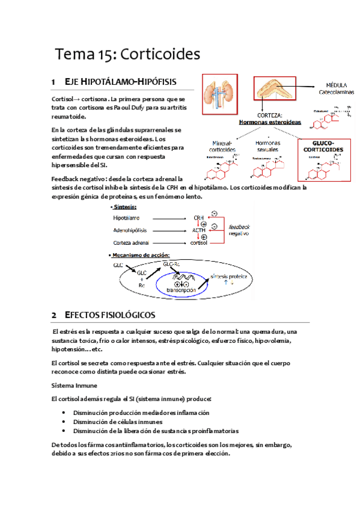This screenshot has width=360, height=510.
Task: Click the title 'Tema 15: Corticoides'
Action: tap(127, 55)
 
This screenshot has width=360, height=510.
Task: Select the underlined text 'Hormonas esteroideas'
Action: tap(266, 121)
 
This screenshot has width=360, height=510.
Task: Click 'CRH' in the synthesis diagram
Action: tap(200, 217)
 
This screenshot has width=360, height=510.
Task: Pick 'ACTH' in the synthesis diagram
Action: tap(200, 230)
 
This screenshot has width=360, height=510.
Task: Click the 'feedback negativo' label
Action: tap(239, 229)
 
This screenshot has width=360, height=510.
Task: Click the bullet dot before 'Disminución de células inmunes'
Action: tap(64, 422)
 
